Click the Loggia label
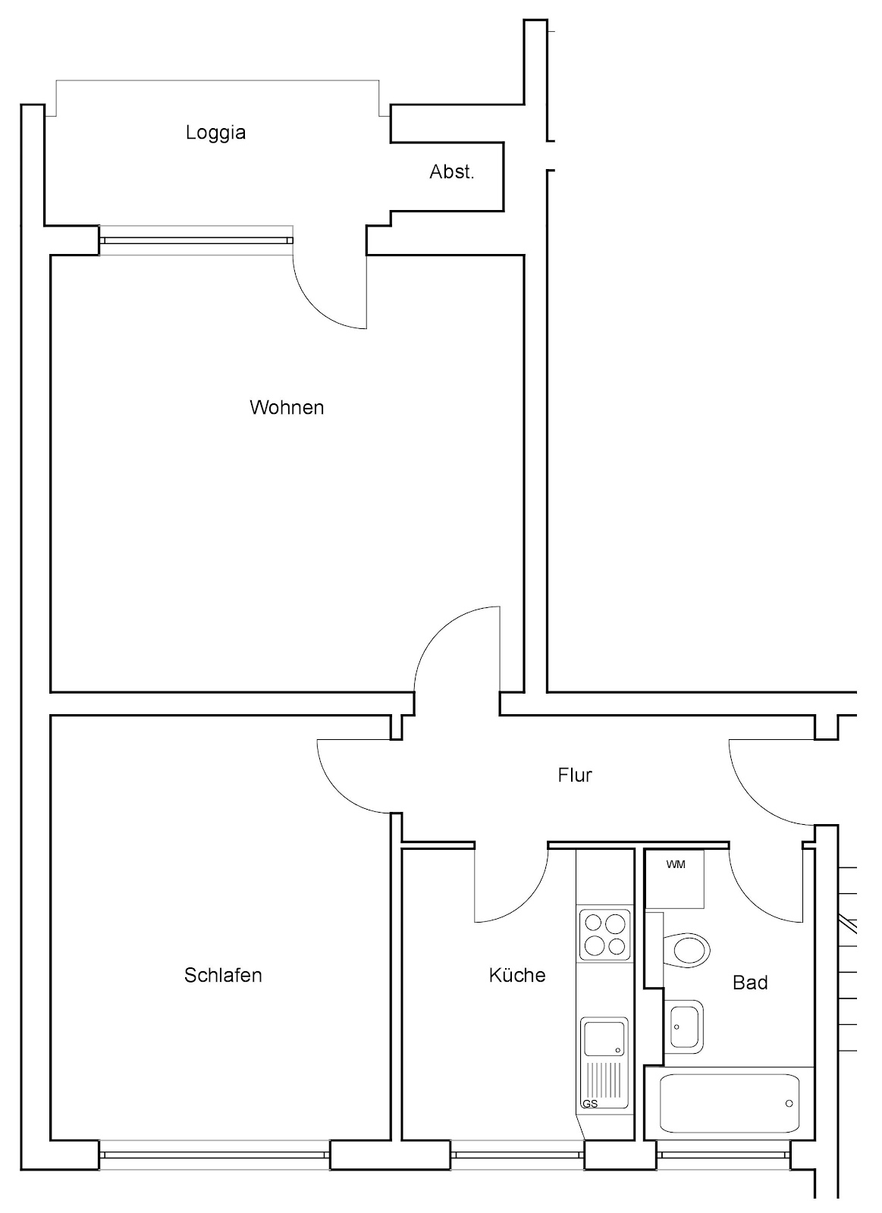click(x=215, y=133)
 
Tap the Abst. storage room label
click(x=452, y=171)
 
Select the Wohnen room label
click(x=287, y=407)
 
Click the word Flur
click(x=575, y=775)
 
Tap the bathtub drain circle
click(x=789, y=1104)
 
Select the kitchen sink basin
click(x=604, y=1038)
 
